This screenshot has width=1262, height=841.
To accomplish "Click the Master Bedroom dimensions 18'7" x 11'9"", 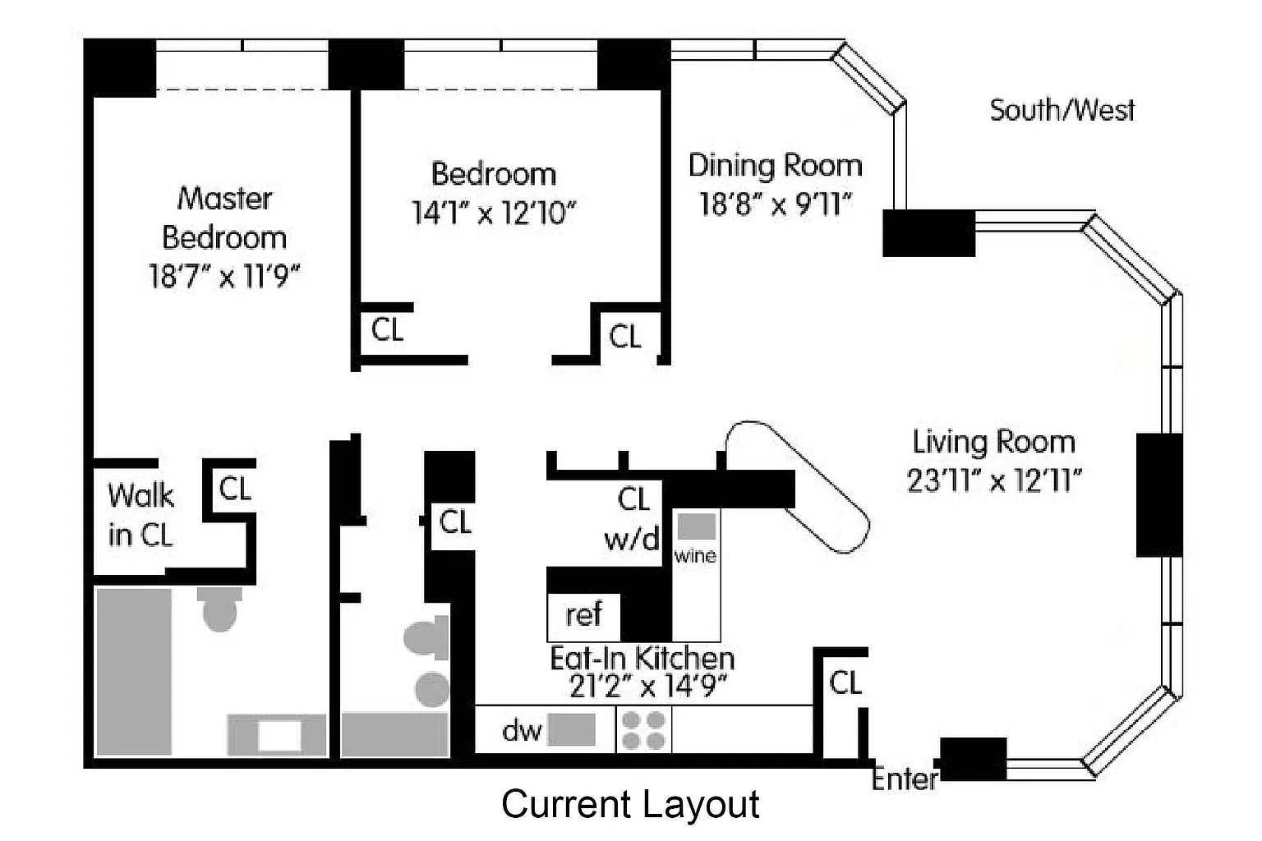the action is [x=224, y=276].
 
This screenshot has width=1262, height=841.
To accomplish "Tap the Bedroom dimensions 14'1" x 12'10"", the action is [x=494, y=213].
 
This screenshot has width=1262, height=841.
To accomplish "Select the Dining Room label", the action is [x=776, y=166].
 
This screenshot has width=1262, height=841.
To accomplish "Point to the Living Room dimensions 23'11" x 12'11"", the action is [x=994, y=480].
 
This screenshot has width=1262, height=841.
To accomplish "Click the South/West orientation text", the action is [x=1062, y=110].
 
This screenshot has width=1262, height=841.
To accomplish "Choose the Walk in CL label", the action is [x=140, y=514].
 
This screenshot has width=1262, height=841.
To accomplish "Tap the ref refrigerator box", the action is [x=583, y=617].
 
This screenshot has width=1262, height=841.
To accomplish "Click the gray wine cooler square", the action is [x=697, y=526].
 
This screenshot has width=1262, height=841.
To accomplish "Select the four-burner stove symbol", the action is [x=643, y=730].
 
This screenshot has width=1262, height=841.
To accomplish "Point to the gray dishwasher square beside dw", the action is [x=571, y=730].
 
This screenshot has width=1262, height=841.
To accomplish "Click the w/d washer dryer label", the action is [x=632, y=539].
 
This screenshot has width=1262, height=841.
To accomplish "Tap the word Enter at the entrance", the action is [x=905, y=779].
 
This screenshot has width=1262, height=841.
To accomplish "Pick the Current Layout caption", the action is [x=630, y=804].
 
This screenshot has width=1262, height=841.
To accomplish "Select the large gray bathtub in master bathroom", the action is [x=134, y=672].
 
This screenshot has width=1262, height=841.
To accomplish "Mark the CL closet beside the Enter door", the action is [x=845, y=682].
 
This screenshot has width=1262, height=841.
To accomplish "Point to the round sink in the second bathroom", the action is [x=433, y=690].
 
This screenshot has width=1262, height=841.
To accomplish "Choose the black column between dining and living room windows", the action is [x=928, y=233].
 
